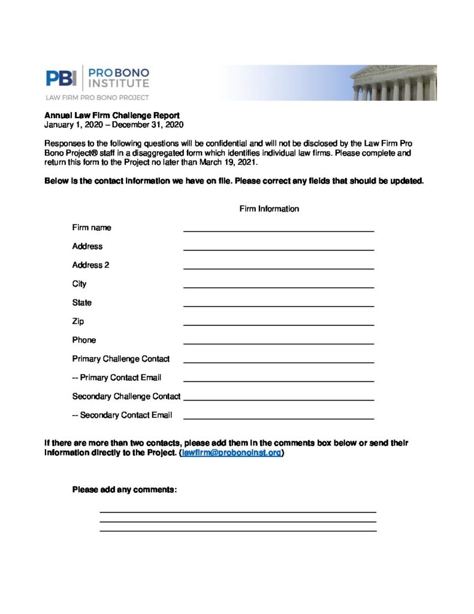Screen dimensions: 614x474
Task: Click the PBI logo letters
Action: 61,78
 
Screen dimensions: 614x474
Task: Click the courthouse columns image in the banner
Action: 393,83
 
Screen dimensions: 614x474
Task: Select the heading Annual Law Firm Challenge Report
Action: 112,115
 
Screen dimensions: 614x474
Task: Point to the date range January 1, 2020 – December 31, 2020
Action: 114,125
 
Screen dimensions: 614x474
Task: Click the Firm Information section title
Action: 269,209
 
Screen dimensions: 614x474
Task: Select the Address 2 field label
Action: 90,265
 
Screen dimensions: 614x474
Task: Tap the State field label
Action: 82,303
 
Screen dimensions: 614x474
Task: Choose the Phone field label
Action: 84,340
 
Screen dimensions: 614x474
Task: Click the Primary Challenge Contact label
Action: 121,359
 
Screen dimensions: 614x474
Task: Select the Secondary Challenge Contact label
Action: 126,396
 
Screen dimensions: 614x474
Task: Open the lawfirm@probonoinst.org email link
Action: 231,453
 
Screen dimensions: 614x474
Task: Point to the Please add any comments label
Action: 125,490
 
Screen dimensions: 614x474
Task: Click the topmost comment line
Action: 237,511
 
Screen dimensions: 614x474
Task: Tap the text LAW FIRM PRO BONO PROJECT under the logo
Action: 98,97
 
